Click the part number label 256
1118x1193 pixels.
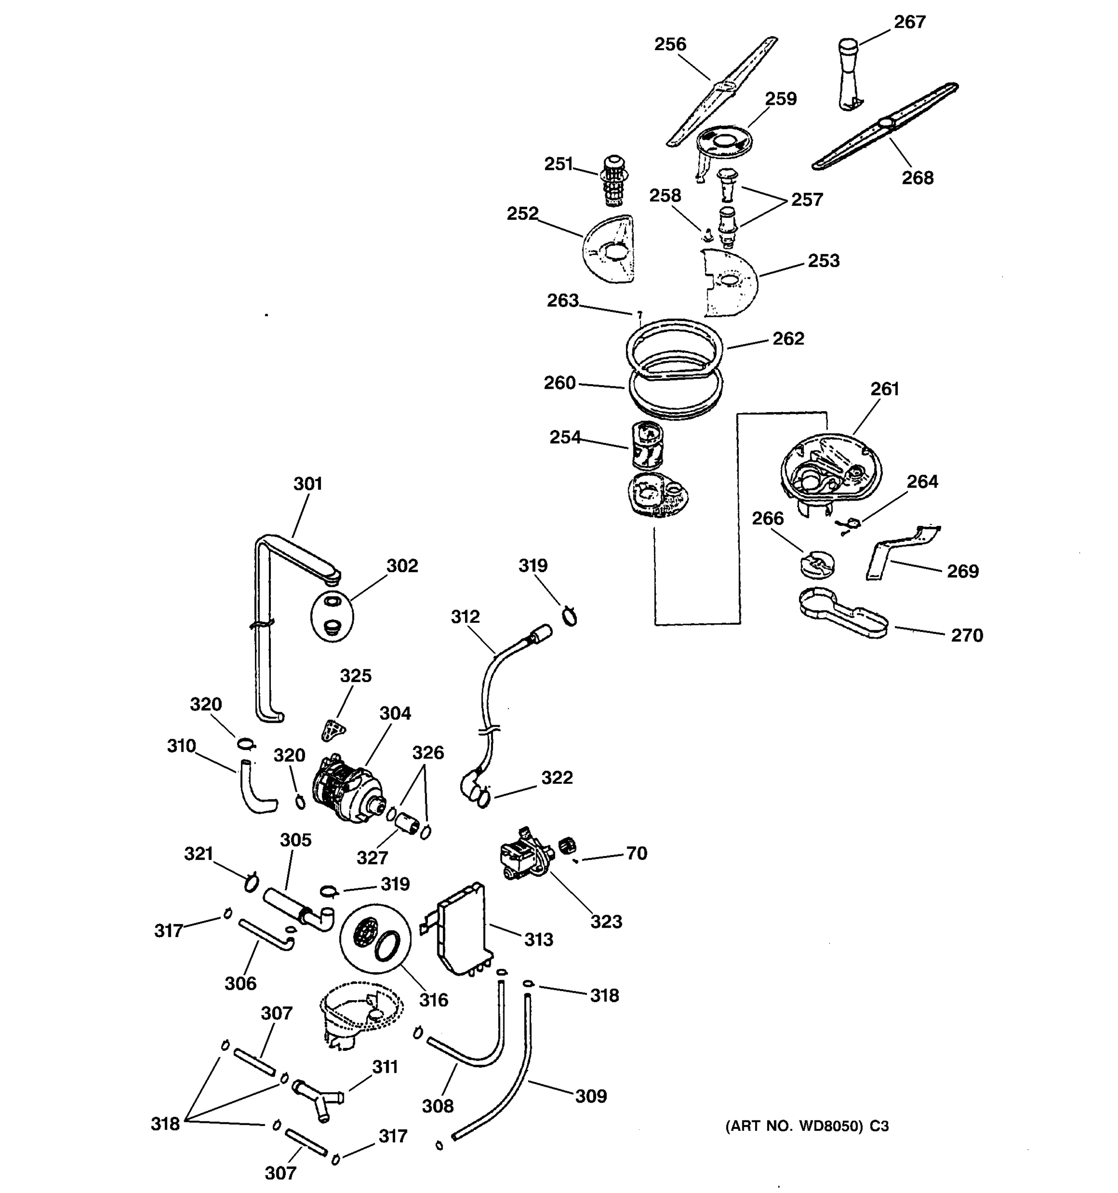pyautogui.click(x=669, y=44)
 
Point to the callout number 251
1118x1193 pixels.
pyautogui.click(x=558, y=164)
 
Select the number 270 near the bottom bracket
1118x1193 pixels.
pyautogui.click(x=966, y=635)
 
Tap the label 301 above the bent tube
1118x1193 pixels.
pyautogui.click(x=307, y=483)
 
